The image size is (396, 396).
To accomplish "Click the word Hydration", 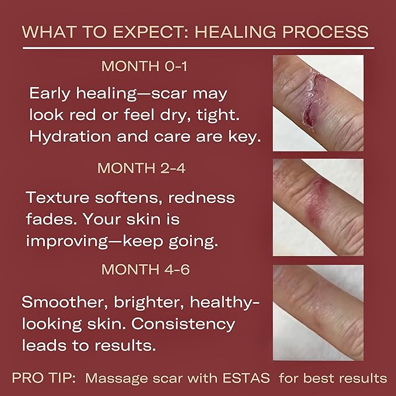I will [x=73, y=136].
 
